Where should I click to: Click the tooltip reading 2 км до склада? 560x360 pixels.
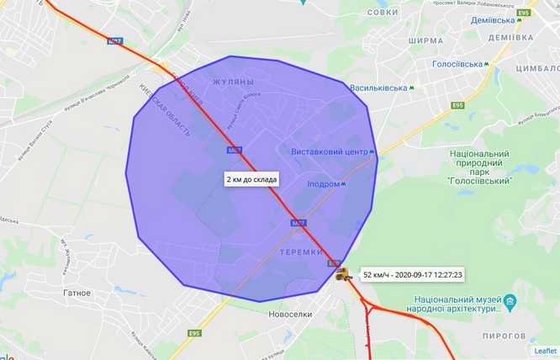point(251,179)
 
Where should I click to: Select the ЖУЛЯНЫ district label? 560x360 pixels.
point(233,82)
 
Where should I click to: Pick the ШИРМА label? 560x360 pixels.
point(424,40)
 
